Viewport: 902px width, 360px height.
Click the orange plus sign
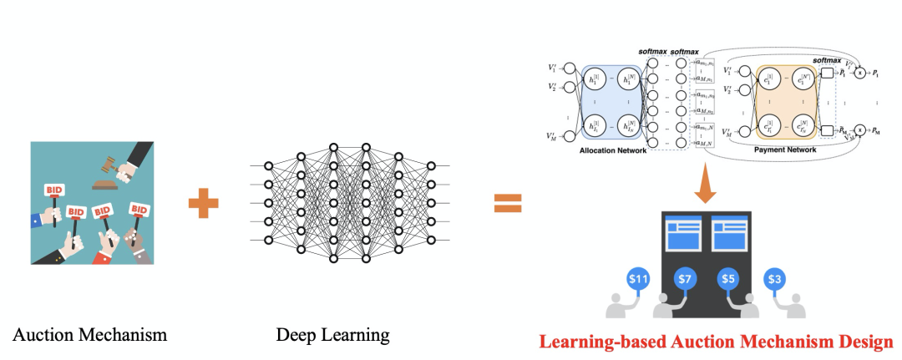[x=203, y=203]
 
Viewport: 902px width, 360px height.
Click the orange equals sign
[x=507, y=203]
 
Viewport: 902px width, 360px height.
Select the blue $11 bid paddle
[x=638, y=280]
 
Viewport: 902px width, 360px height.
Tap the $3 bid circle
[x=776, y=278]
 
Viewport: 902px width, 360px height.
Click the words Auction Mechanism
[x=90, y=335]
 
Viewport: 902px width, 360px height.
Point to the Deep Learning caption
[x=332, y=335]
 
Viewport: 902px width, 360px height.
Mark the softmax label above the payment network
[x=827, y=60]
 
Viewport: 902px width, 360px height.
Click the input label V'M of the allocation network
[x=552, y=135]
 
